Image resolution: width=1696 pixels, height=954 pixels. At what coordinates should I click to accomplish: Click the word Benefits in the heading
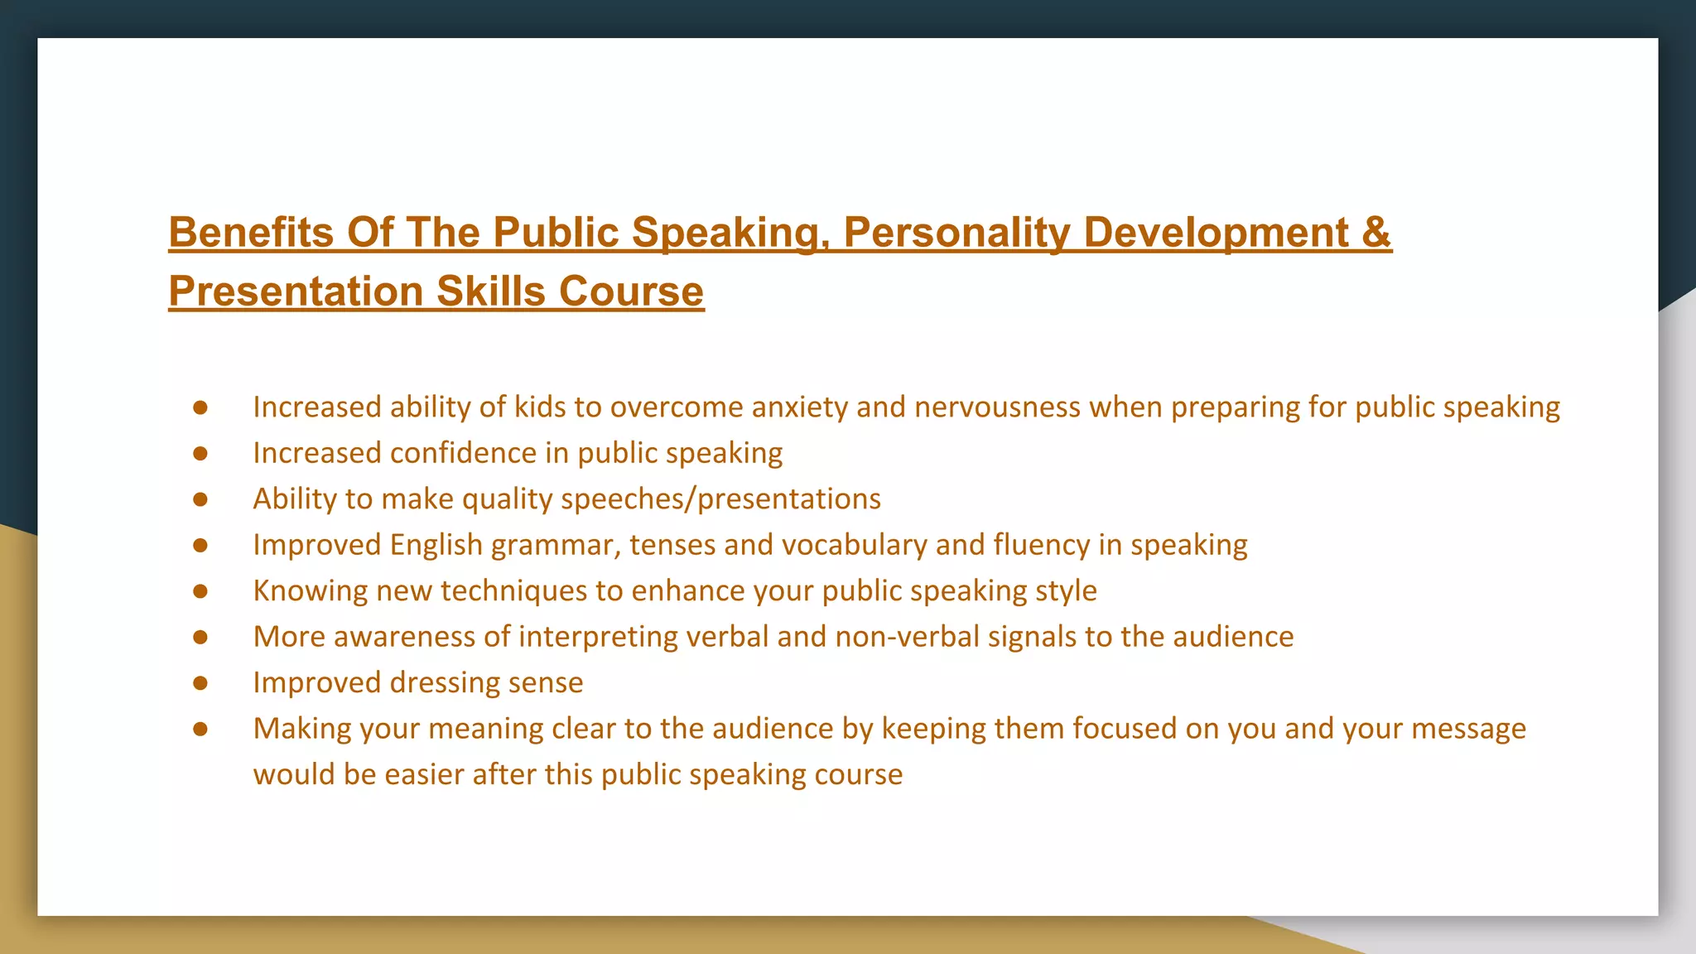[251, 232]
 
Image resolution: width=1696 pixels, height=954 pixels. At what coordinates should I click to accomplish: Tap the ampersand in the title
[1376, 232]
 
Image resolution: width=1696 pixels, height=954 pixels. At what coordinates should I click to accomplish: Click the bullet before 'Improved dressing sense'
[200, 683]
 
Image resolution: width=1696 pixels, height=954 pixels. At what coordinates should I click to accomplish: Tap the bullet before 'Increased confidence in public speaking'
[200, 454]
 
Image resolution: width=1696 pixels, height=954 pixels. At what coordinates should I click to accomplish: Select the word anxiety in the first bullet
[800, 407]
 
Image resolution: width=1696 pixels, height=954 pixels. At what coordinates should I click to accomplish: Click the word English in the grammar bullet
[436, 545]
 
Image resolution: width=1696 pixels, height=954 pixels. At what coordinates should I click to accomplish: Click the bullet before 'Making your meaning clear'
[200, 729]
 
